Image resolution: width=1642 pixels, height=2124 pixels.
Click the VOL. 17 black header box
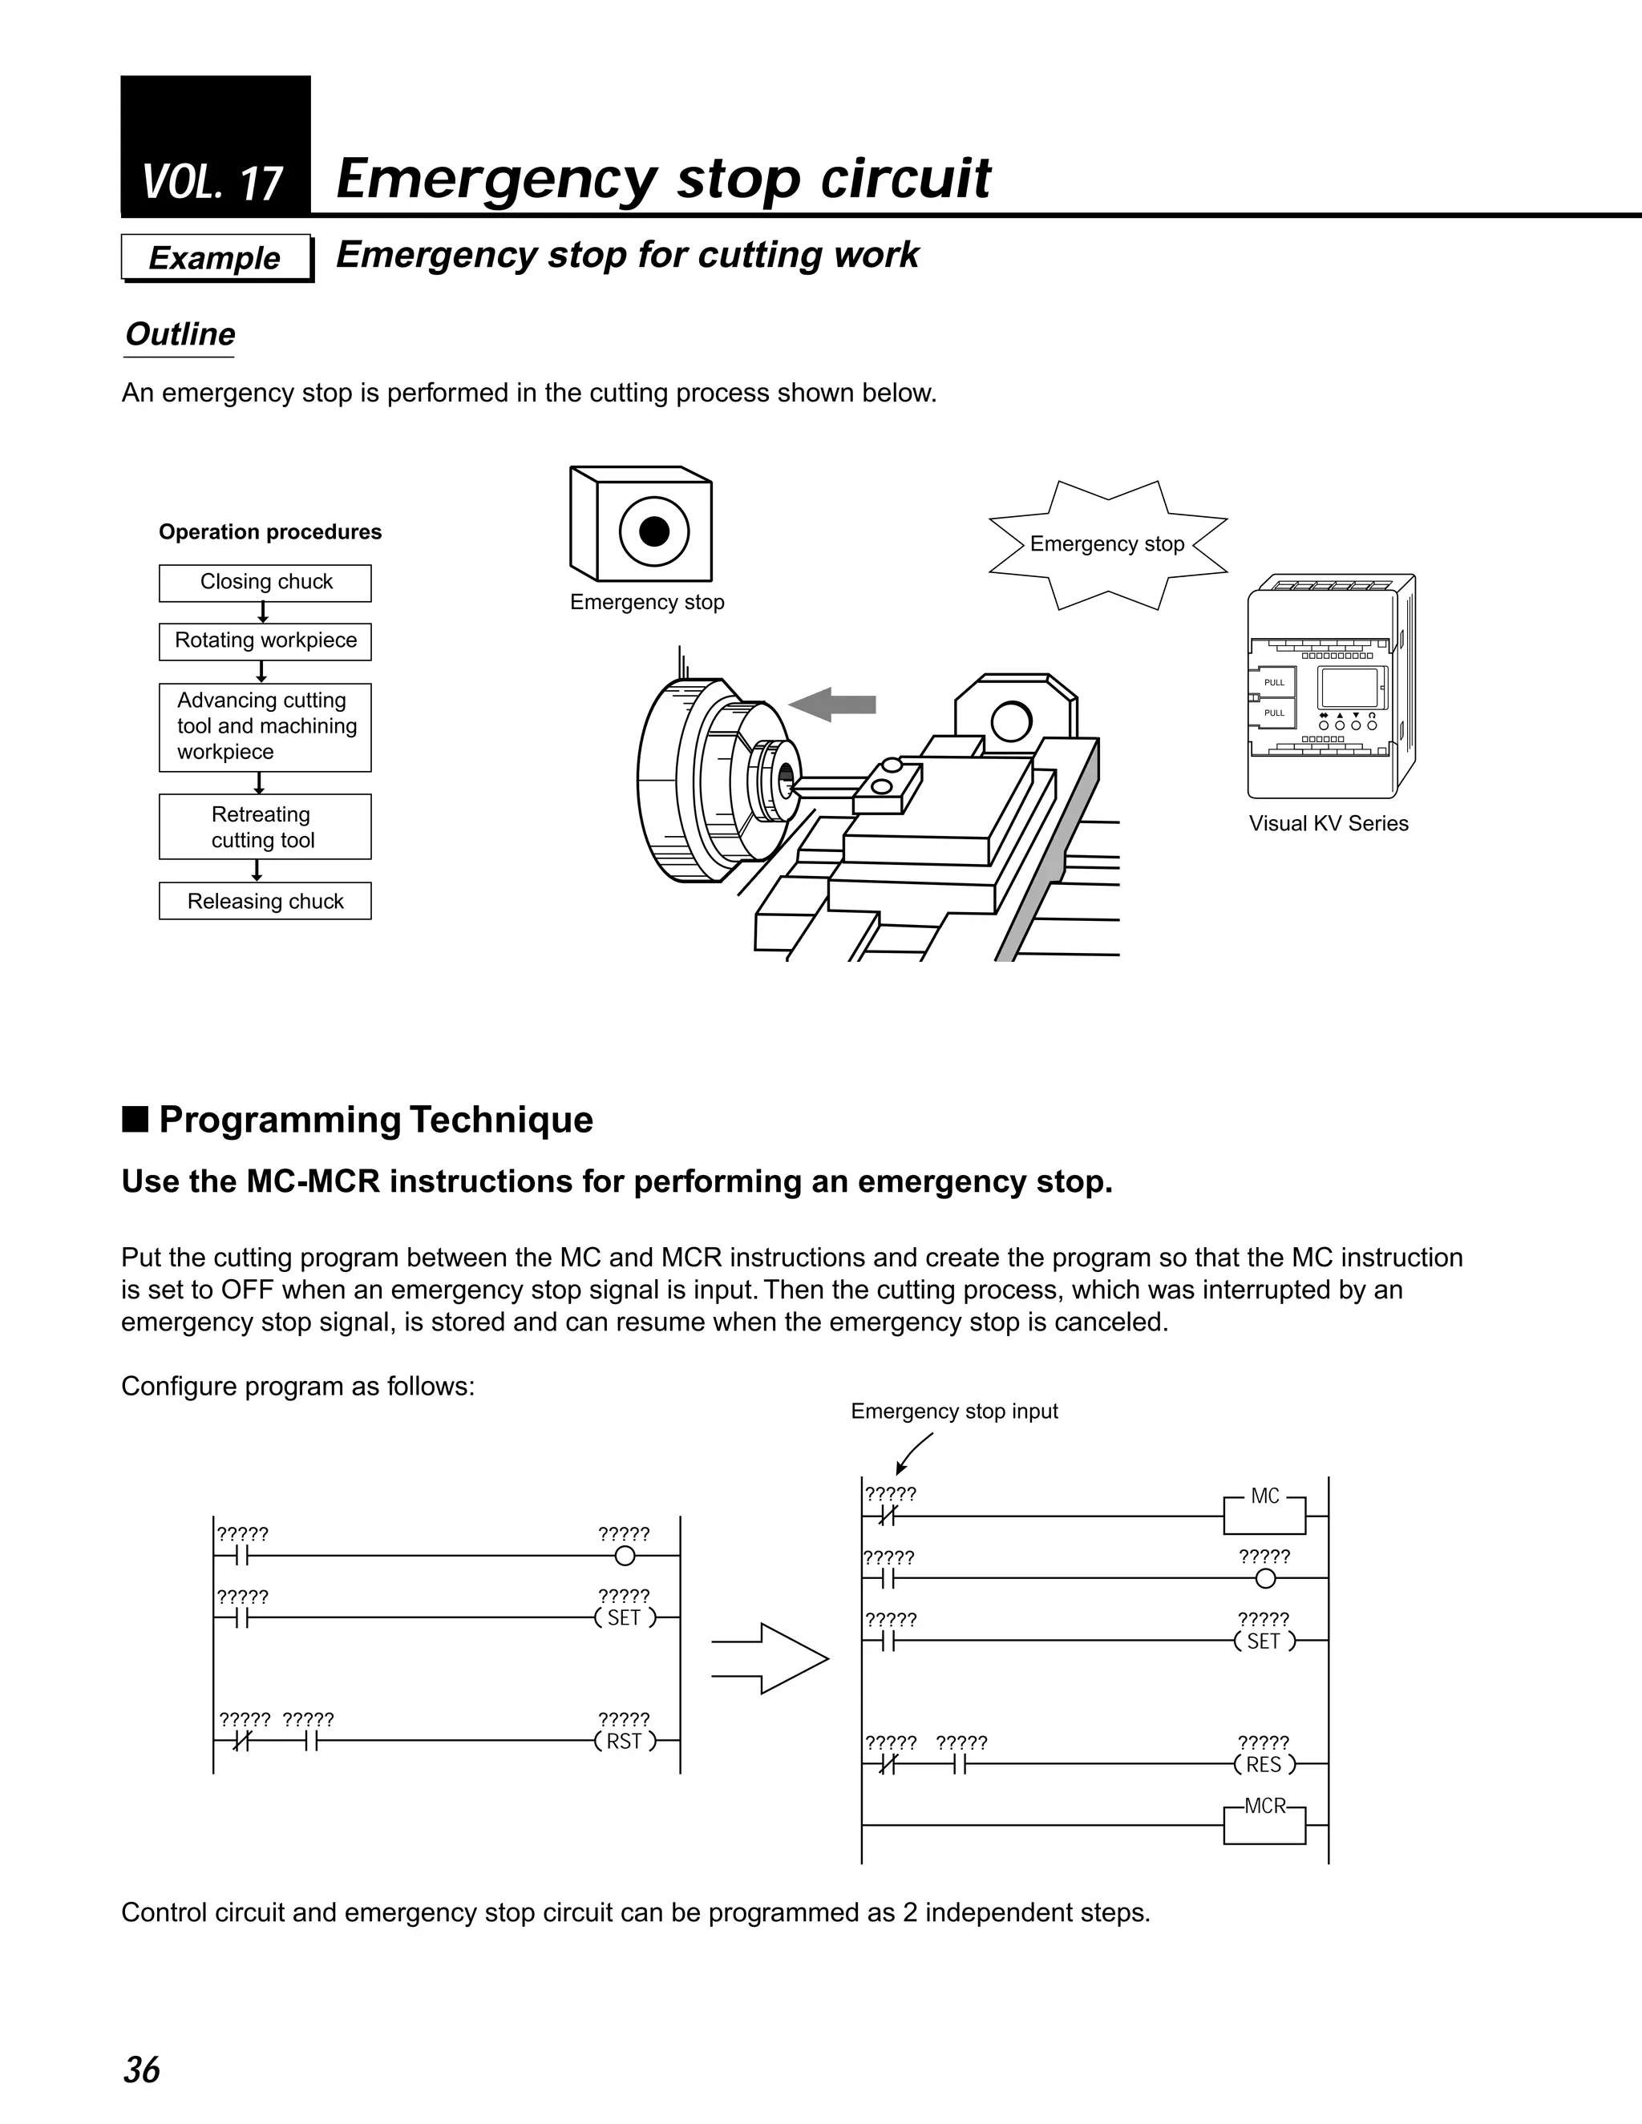(x=215, y=146)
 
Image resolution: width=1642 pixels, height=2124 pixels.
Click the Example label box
(x=216, y=258)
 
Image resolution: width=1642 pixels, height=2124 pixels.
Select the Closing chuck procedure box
(x=265, y=583)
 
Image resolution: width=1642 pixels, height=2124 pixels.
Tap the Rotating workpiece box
(x=265, y=641)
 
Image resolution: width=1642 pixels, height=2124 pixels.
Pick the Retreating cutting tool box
(x=265, y=826)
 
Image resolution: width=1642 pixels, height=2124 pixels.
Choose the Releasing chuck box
(x=265, y=902)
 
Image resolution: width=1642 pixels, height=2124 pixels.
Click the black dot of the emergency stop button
(x=655, y=531)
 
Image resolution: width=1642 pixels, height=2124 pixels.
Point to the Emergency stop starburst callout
(x=1107, y=544)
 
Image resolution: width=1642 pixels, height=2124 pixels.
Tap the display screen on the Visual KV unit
(x=1346, y=688)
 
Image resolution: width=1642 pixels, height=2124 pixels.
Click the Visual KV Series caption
(x=1329, y=824)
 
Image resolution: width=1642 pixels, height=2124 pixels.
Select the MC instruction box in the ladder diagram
(x=1264, y=1507)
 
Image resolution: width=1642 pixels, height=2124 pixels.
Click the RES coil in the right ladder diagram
(x=1264, y=1765)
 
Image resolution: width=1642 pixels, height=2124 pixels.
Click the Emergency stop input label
(x=954, y=1411)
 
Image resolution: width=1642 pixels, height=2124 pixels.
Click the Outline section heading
(x=180, y=334)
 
